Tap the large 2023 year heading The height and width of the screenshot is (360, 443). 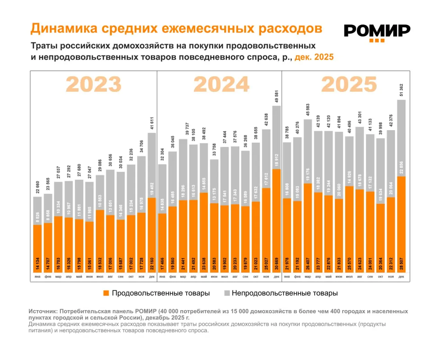pyautogui.click(x=93, y=84)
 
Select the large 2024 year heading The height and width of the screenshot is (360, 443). pyautogui.click(x=221, y=84)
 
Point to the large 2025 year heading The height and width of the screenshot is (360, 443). pyautogui.click(x=349, y=84)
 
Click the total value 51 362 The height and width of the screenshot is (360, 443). pyautogui.click(x=401, y=90)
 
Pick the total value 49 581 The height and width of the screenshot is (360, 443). pyautogui.click(x=277, y=96)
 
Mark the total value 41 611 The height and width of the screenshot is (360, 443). pyautogui.click(x=152, y=123)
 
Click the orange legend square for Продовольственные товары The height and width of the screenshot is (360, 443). pyautogui.click(x=106, y=293)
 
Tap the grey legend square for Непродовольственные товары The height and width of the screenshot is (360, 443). pyautogui.click(x=227, y=293)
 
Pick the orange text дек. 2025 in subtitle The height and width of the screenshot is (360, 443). pyautogui.click(x=314, y=57)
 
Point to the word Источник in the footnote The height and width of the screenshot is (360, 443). pyautogui.click(x=43, y=311)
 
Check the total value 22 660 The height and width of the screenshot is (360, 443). pyautogui.click(x=38, y=187)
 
